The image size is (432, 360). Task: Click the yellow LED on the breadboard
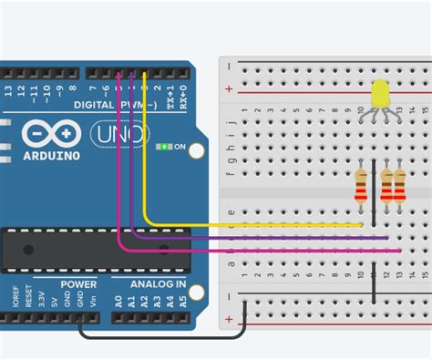point(380,93)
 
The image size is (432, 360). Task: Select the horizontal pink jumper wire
point(273,249)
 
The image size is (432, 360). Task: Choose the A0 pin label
point(118,298)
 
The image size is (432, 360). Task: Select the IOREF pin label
point(15,296)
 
